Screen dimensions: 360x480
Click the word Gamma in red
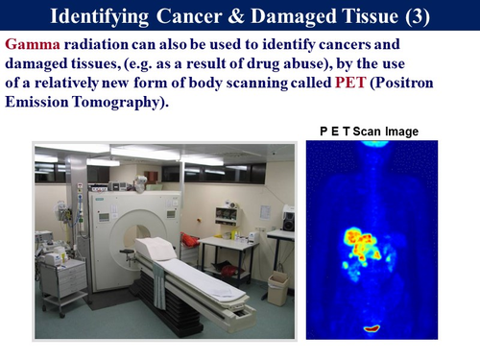coord(29,44)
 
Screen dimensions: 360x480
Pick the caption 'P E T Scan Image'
coord(369,131)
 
